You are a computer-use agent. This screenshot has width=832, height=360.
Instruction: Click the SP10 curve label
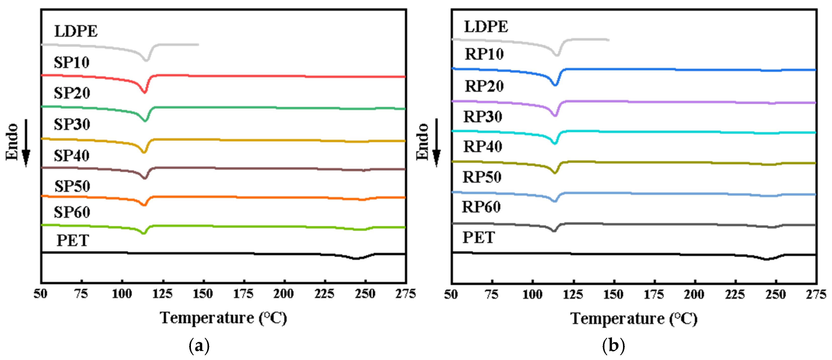coord(71,62)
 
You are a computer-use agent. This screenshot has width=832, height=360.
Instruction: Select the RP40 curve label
coord(483,147)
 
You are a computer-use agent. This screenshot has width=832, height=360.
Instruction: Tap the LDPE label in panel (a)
coord(76,31)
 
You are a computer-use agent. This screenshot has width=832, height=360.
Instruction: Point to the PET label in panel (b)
coord(478,238)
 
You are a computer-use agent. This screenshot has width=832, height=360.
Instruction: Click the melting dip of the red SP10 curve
coord(144,92)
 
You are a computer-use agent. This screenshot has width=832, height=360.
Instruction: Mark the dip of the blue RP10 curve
coord(555,85)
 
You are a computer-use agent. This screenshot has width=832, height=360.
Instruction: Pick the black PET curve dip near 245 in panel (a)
coord(356,258)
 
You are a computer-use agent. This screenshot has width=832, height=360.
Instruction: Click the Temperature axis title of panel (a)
coord(223,318)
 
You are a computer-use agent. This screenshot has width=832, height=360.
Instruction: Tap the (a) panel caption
coord(199,346)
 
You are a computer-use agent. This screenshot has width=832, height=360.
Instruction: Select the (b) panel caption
coord(613,346)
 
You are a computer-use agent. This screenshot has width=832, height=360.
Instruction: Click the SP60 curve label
coord(72,212)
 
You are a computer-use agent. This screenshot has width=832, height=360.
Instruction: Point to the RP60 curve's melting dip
coord(554,231)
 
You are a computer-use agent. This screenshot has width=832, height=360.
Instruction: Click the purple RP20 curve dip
coord(555,115)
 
